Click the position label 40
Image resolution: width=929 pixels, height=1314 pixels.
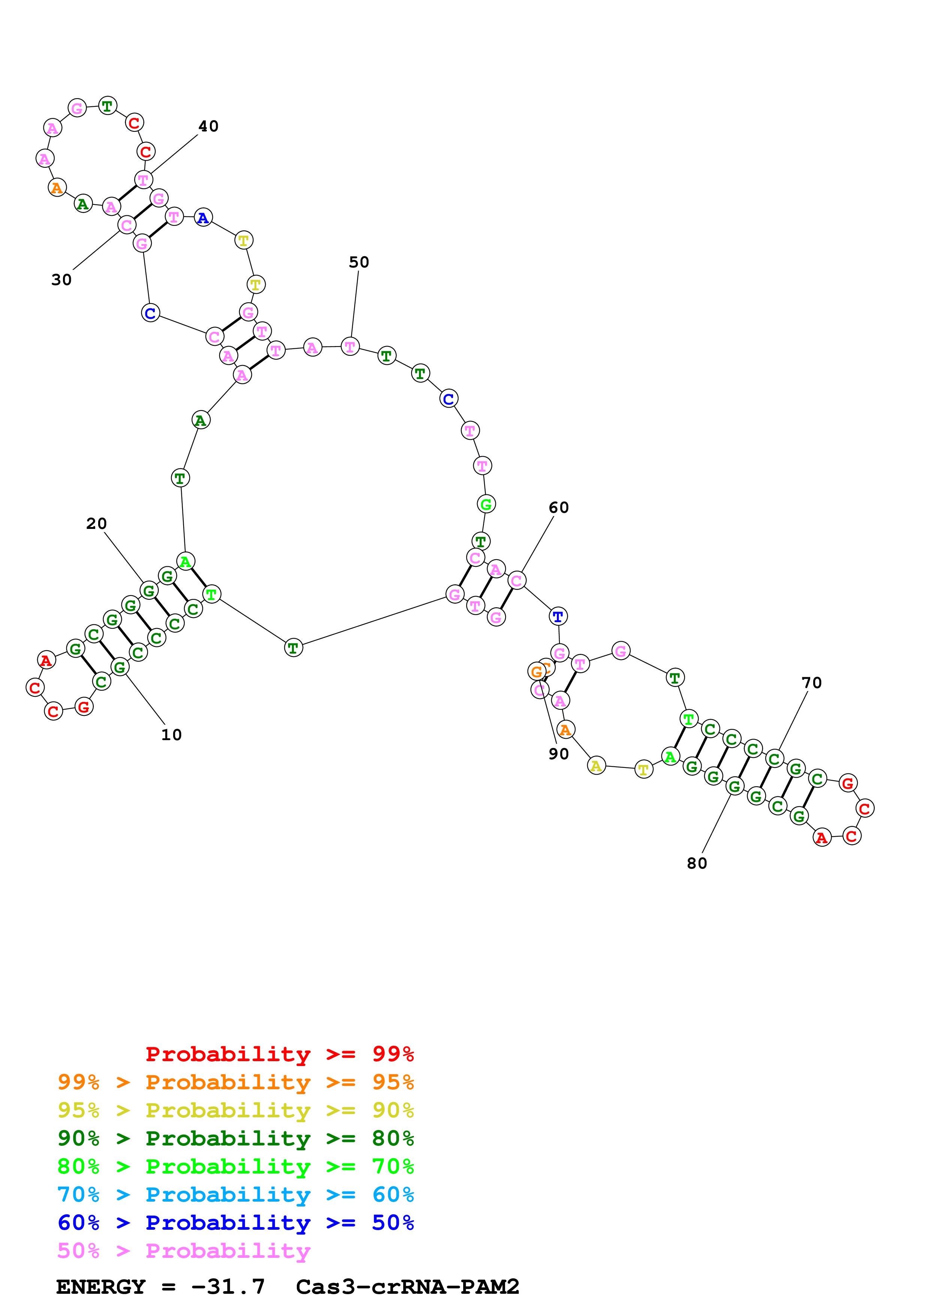208,127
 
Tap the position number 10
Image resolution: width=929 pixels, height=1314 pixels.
171,735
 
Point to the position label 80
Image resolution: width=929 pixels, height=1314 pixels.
697,864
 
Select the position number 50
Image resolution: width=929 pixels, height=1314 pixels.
359,262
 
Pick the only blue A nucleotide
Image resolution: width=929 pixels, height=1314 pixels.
203,218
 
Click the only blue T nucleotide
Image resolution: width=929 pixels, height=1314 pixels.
558,617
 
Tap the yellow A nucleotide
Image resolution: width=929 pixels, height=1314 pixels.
597,766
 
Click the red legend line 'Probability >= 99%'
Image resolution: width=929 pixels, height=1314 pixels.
280,1054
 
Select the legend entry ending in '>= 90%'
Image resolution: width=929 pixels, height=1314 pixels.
236,1110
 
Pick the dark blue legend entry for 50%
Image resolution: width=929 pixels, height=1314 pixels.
236,1223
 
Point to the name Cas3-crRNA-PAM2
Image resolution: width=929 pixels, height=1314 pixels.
408,1287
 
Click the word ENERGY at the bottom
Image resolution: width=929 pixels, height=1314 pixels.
101,1287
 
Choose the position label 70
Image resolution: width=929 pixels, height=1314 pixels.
812,683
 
